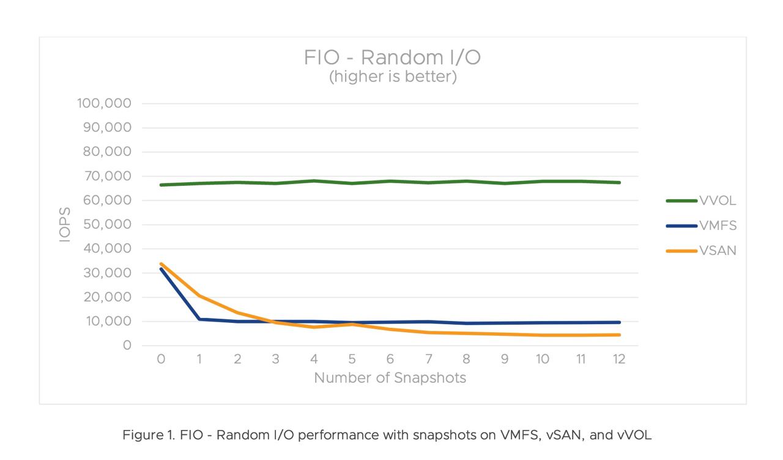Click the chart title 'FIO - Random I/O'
click(392, 57)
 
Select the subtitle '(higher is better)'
click(392, 78)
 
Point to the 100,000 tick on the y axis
click(105, 103)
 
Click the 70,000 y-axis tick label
click(107, 176)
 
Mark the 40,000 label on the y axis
click(107, 249)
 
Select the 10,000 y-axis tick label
click(108, 321)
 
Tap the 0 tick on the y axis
click(127, 346)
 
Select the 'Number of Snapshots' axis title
click(390, 378)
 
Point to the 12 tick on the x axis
click(618, 359)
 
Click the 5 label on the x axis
click(352, 359)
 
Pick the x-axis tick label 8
click(466, 359)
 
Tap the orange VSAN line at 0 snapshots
click(161, 264)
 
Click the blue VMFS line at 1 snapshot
click(199, 319)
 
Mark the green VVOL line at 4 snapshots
click(314, 181)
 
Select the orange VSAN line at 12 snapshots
click(618, 335)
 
